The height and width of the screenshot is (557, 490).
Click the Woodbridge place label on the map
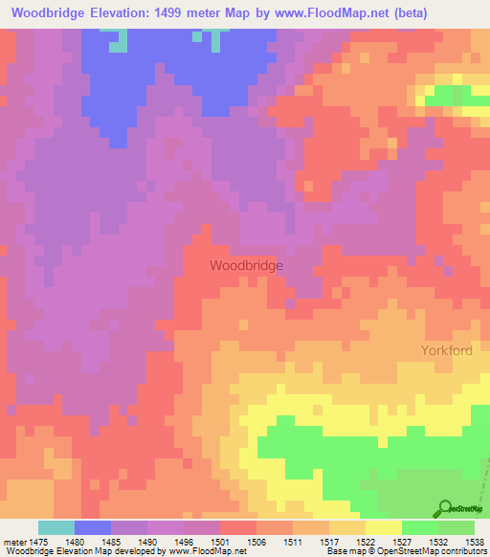point(246,265)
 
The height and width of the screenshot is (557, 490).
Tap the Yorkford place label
point(447,350)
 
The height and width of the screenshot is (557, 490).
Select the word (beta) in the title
point(408,12)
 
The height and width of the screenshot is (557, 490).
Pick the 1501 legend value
point(220,542)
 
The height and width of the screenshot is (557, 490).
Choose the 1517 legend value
point(328,542)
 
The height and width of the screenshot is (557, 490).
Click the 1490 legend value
point(147,542)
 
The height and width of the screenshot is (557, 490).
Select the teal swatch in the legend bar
point(56,527)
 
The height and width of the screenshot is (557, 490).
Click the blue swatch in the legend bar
point(93,527)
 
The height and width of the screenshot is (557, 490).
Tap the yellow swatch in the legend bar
point(383,527)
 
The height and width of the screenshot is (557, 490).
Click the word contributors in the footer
point(462,552)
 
